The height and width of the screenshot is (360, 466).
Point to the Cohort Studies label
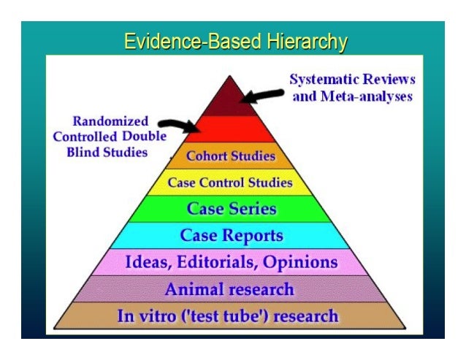tap(232, 156)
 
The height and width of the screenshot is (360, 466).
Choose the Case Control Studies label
tap(230, 183)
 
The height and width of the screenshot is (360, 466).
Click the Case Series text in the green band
tap(232, 209)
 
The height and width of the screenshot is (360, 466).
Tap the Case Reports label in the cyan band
tap(232, 236)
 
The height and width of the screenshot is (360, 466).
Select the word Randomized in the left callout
tap(110, 121)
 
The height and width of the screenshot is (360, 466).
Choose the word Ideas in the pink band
tap(148, 262)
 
